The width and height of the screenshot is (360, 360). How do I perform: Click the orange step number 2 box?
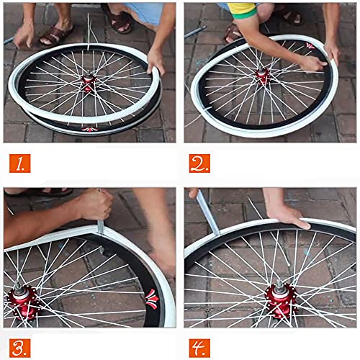(200, 163)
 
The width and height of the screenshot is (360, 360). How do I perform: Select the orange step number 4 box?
(200, 345)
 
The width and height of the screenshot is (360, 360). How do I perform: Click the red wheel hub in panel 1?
(89, 84)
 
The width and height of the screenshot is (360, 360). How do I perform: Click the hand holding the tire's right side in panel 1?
(154, 60)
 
